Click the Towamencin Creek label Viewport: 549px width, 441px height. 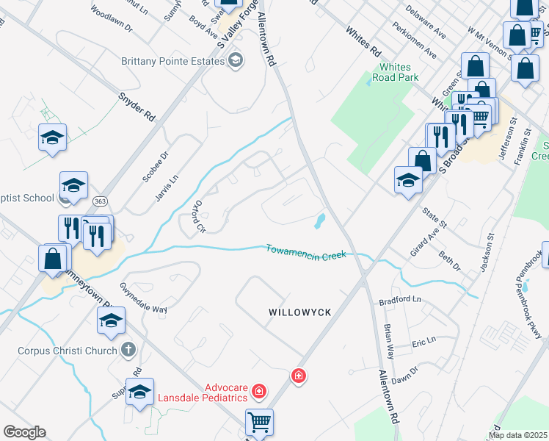305,251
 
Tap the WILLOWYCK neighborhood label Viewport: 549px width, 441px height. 299,312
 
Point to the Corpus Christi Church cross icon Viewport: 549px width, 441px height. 128,351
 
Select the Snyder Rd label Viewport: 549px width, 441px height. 137,106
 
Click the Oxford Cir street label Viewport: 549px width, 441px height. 197,216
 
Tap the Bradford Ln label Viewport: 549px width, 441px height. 401,301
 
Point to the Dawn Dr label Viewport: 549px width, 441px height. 404,376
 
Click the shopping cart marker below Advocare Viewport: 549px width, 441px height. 259,423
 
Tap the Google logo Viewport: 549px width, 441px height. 23,432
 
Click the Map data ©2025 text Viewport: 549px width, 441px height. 517,435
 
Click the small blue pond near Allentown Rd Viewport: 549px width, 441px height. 320,220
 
